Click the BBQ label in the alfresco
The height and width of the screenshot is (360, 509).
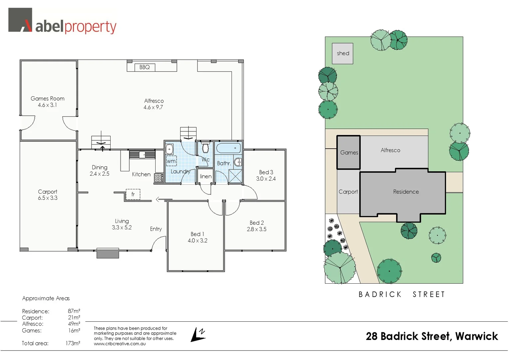[145, 67]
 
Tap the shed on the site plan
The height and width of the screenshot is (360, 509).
[342, 53]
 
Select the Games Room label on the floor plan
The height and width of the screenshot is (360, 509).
[48, 99]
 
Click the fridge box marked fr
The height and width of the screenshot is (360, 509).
[133, 194]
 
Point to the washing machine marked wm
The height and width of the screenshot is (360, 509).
[171, 161]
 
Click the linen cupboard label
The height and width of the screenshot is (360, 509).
[206, 176]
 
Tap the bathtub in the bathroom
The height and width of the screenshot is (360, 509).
[228, 148]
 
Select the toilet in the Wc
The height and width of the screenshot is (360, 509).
[206, 148]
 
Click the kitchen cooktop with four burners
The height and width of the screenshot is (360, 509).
[159, 178]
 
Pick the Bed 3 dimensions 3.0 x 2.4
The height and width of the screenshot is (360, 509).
[266, 179]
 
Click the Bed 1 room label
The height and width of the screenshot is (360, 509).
[197, 234]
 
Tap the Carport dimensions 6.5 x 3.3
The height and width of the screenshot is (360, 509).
[48, 198]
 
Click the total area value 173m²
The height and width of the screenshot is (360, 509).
[73, 343]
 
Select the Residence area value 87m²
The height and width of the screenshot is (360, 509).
[74, 311]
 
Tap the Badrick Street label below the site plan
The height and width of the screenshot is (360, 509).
[402, 294]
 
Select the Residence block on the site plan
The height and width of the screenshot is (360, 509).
[406, 192]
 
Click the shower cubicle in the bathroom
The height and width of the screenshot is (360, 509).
[235, 176]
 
